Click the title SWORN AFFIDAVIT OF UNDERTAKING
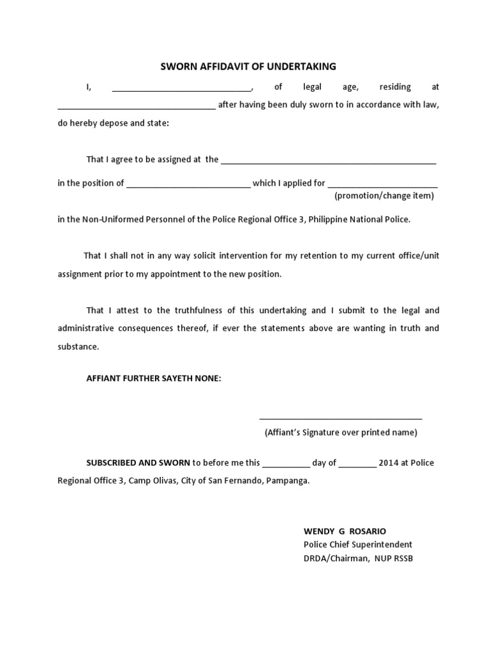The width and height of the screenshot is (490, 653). click(x=247, y=66)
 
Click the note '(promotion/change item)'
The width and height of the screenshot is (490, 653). click(x=384, y=196)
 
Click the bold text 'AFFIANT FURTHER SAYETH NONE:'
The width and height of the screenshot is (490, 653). click(x=154, y=378)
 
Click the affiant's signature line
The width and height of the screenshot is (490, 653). click(x=341, y=418)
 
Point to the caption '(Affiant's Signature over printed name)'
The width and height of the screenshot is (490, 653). click(x=341, y=432)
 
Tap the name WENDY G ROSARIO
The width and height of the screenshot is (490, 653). click(x=345, y=531)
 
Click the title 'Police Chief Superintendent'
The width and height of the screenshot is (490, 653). click(x=358, y=545)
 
